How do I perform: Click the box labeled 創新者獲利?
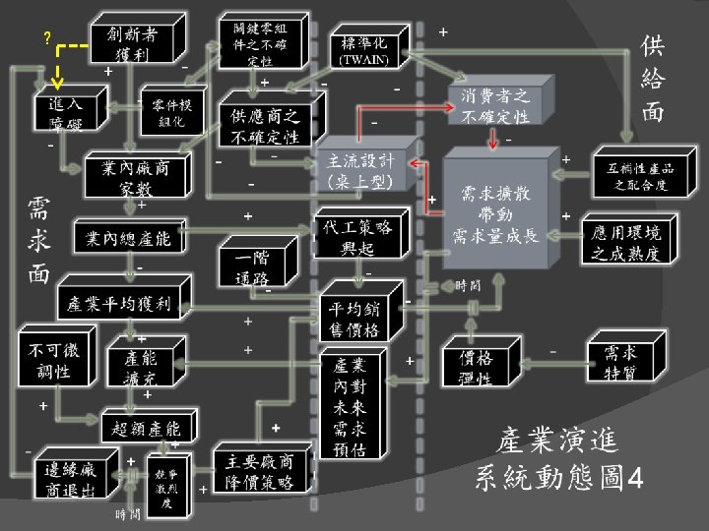(130, 44)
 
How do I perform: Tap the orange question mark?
(46, 38)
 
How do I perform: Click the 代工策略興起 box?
(356, 237)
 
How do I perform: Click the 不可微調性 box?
(49, 360)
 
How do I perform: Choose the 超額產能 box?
(147, 428)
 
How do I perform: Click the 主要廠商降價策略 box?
(259, 471)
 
